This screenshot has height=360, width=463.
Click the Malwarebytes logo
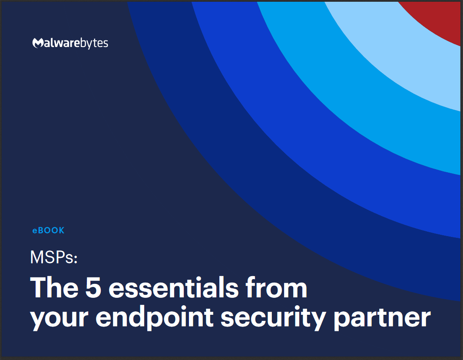70,43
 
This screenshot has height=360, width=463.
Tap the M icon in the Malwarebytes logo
38,43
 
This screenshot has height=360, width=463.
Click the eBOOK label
48,230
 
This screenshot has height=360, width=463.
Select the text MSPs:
54,257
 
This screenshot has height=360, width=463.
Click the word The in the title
54,287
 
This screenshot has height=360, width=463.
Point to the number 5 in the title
93,287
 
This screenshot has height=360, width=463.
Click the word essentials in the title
174,287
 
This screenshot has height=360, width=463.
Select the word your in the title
60,319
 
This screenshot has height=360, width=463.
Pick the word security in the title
274,319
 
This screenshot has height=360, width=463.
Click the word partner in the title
382,319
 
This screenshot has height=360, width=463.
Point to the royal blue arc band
334,153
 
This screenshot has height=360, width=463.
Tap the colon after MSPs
76,259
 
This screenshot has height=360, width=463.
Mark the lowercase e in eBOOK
35,231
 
